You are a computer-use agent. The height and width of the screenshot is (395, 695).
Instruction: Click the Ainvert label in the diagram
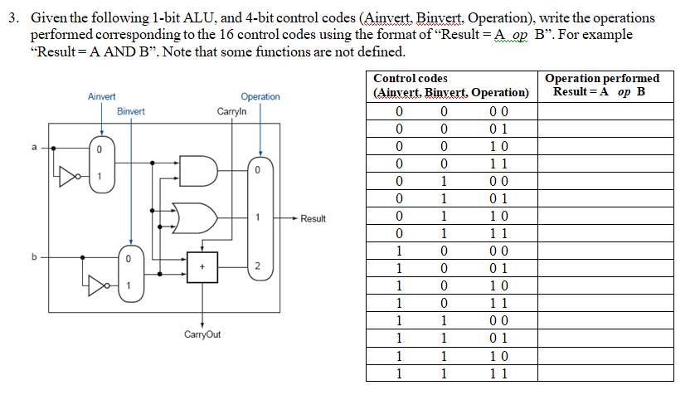[x=101, y=97]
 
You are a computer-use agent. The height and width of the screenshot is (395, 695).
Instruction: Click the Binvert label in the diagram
[x=130, y=111]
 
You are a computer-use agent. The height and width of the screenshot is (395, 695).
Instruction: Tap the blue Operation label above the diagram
[x=260, y=97]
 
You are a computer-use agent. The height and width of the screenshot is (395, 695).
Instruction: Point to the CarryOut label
[x=202, y=335]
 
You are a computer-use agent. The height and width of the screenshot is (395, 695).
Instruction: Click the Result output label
[x=313, y=219]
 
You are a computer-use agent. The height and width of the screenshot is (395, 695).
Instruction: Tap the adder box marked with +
[x=202, y=266]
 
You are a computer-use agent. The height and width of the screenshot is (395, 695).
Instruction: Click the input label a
[x=34, y=149]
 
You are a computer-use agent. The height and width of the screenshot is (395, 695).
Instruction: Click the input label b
[x=34, y=256]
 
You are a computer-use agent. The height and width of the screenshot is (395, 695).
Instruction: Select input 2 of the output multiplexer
[x=258, y=266]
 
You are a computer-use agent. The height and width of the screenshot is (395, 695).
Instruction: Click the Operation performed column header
[x=603, y=85]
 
